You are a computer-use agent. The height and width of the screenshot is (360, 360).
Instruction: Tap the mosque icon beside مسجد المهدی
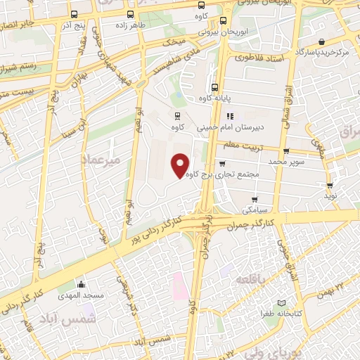tap(82, 285)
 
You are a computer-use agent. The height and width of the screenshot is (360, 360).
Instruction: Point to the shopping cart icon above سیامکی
tap(254, 199)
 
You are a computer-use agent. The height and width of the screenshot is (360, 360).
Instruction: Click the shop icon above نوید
tap(330, 186)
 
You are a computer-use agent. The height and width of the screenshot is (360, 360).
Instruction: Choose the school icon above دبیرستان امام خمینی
tap(229, 117)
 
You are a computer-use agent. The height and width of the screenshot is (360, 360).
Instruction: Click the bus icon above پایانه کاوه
tap(214, 88)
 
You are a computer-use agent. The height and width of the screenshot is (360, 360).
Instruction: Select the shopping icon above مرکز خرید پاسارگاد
tap(321, 41)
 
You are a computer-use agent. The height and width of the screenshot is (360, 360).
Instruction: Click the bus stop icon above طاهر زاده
tap(129, 14)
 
